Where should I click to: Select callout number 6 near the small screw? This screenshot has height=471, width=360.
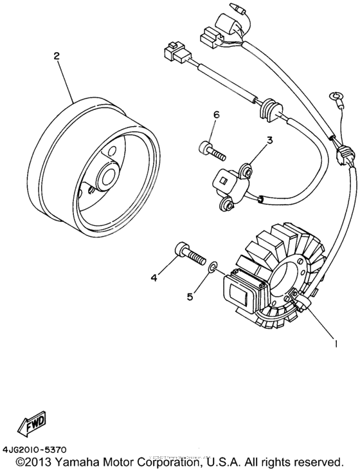(217, 115)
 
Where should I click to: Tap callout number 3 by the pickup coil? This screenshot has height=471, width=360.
(270, 140)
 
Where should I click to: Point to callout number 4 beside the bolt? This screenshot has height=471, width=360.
(154, 278)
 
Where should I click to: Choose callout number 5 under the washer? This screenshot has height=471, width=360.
(190, 296)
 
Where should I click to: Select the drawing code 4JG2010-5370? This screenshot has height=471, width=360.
(37, 449)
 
